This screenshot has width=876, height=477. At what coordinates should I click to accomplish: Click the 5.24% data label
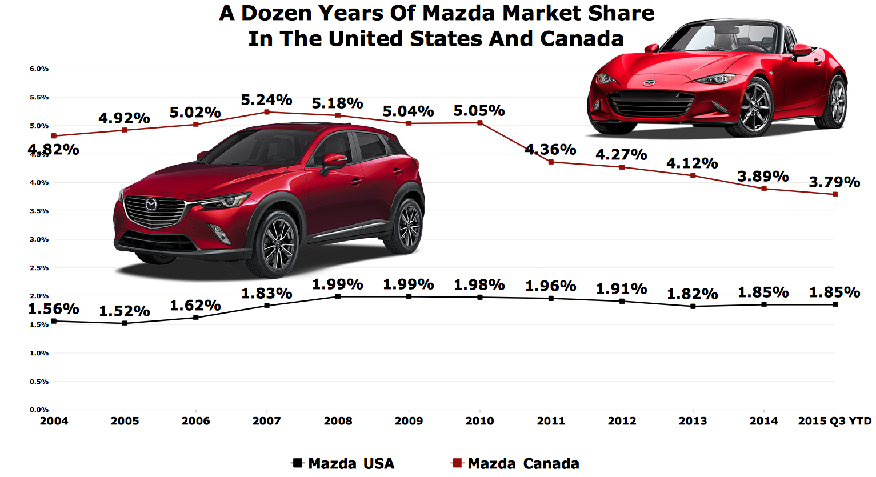pos(266,100)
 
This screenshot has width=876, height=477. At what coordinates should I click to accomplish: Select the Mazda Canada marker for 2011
pos(551,162)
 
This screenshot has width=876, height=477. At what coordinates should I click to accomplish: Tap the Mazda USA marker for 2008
pos(338,296)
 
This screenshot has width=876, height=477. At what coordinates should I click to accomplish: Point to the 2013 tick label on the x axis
pos(693,422)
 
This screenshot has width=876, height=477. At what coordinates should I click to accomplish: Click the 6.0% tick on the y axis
pos(39,69)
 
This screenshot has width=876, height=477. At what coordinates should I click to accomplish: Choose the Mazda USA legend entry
pos(343,463)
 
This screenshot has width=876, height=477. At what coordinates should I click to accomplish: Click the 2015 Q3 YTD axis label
pos(834,422)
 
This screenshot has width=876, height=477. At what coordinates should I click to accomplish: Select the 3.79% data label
pos(834,182)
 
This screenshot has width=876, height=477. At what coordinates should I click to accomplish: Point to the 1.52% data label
pos(124,311)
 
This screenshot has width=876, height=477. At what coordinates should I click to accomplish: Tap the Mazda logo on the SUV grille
pos(151,204)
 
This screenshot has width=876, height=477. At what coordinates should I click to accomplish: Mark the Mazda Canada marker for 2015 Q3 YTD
pos(835,195)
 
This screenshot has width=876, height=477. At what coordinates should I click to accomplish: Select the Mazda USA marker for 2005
pos(125,323)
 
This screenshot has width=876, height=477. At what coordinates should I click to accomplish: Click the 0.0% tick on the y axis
pos(39,410)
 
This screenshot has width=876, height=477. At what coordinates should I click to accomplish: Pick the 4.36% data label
pos(550,150)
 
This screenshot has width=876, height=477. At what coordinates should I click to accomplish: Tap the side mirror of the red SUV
pos(334,161)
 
